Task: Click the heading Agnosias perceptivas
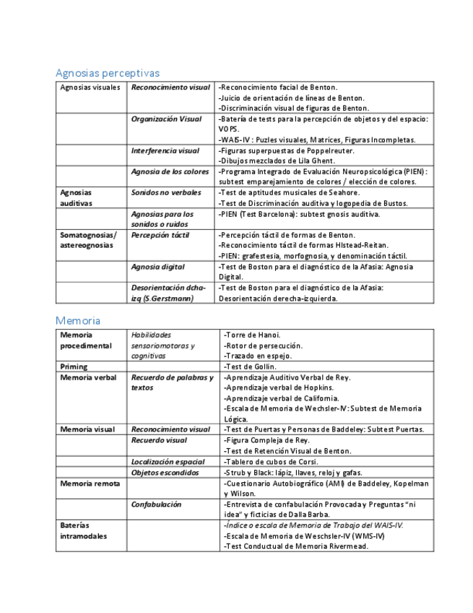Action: (x=108, y=73)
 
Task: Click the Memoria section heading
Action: (x=78, y=320)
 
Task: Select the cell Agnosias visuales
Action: (x=90, y=87)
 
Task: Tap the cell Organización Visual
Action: (x=166, y=119)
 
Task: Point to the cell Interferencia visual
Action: (x=165, y=150)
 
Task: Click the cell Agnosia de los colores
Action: (x=169, y=171)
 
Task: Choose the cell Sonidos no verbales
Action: (x=166, y=192)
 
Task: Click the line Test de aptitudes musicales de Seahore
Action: (x=289, y=192)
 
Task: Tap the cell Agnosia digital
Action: (x=157, y=267)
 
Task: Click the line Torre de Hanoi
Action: (x=252, y=335)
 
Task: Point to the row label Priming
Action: (x=74, y=366)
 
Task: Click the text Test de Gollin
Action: (x=251, y=366)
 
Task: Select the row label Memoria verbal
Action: (x=88, y=377)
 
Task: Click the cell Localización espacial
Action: (x=168, y=461)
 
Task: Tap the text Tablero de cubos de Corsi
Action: (x=270, y=461)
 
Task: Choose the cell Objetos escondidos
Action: (x=165, y=472)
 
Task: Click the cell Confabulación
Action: (x=156, y=504)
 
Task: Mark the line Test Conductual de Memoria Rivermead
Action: (x=296, y=546)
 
